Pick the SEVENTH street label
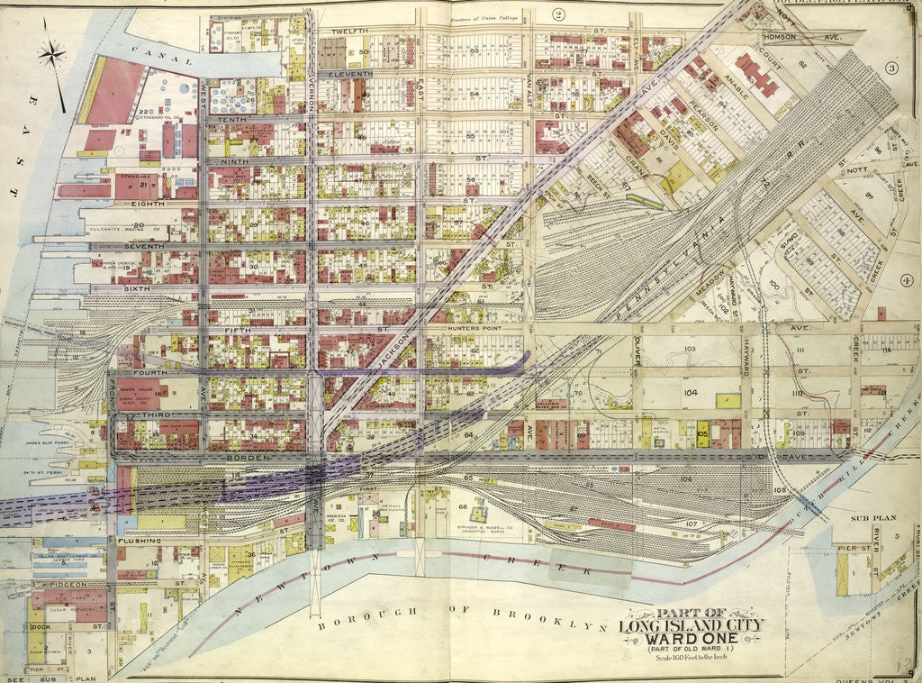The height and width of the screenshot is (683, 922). [144, 246]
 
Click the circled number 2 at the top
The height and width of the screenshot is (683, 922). [558, 14]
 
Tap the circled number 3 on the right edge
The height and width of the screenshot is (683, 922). [892, 68]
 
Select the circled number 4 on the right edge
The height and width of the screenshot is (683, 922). [906, 280]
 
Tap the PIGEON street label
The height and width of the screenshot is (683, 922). [75, 585]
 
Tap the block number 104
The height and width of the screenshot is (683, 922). [691, 394]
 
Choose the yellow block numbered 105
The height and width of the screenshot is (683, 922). [702, 434]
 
